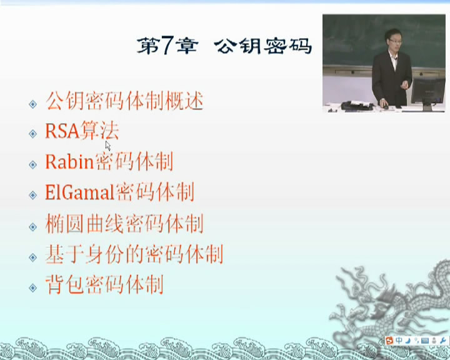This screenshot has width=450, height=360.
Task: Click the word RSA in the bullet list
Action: [62, 131]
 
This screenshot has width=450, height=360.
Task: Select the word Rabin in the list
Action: [69, 161]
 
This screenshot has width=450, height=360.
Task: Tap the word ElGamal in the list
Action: [80, 192]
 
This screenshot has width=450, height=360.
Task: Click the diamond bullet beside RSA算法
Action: [33, 134]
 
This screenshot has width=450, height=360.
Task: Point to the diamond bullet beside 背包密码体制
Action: [33, 287]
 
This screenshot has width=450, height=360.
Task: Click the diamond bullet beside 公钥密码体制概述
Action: [33, 104]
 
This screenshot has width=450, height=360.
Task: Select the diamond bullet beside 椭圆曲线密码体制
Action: [33, 227]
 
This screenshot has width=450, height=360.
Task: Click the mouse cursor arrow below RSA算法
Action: [107, 146]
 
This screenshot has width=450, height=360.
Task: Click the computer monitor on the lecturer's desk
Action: [427, 91]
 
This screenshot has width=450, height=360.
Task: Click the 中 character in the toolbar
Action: [399, 341]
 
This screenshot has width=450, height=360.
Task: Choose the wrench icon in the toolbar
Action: [442, 341]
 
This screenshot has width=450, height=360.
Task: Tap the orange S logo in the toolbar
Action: [390, 341]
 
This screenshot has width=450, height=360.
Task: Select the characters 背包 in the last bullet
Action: [65, 284]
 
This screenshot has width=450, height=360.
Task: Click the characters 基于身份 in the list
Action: [84, 254]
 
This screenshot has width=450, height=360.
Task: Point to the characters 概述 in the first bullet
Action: [184, 101]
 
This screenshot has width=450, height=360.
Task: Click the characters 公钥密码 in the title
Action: [263, 46]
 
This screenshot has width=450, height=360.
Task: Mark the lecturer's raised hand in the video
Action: [404, 85]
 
